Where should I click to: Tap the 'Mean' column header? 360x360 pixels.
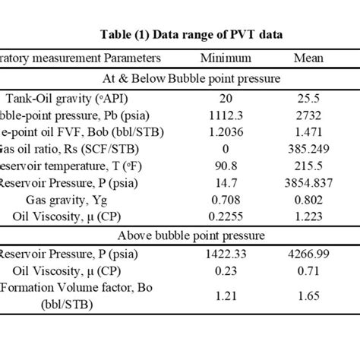(308, 58)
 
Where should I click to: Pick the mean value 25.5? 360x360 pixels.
(309, 98)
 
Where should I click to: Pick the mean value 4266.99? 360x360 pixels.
(309, 255)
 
